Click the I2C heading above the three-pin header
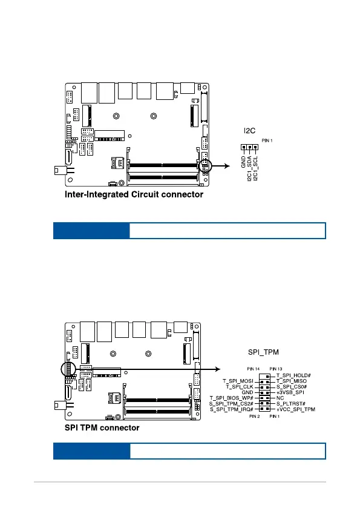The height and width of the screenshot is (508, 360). click(x=250, y=131)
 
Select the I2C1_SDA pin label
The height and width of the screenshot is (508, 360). click(x=250, y=168)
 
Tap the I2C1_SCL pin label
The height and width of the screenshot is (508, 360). click(x=255, y=168)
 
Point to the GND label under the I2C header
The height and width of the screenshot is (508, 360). click(x=243, y=162)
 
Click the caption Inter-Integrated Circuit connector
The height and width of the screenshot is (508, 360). click(x=134, y=194)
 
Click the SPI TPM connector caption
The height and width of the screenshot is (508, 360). click(x=102, y=427)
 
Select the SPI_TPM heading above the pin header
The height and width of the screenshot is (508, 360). click(x=263, y=352)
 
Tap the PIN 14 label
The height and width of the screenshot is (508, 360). click(x=253, y=369)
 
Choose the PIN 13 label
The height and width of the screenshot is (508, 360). click(x=276, y=369)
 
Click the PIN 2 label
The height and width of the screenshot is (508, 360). click(x=255, y=417)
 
